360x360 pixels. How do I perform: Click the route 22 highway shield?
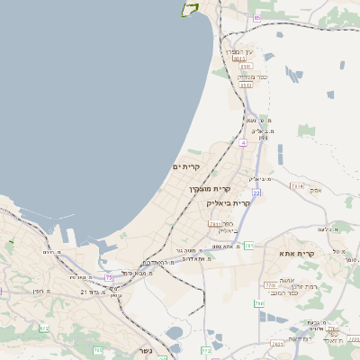pos(256,193)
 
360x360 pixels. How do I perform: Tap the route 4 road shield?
pos(243,142)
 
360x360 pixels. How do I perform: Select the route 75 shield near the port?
pos(109,278)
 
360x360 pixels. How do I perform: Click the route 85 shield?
pos(256,17)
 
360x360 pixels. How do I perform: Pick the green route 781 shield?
pos(249,245)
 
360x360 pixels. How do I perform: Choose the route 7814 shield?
pos(297,185)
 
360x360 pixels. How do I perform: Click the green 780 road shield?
pos(259,304)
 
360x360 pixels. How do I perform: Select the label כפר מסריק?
pos(253,76)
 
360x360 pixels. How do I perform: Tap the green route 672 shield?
pos(44,328)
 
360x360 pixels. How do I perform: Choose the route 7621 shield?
pos(276,343)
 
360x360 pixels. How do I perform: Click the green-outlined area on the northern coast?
pos(190,9)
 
